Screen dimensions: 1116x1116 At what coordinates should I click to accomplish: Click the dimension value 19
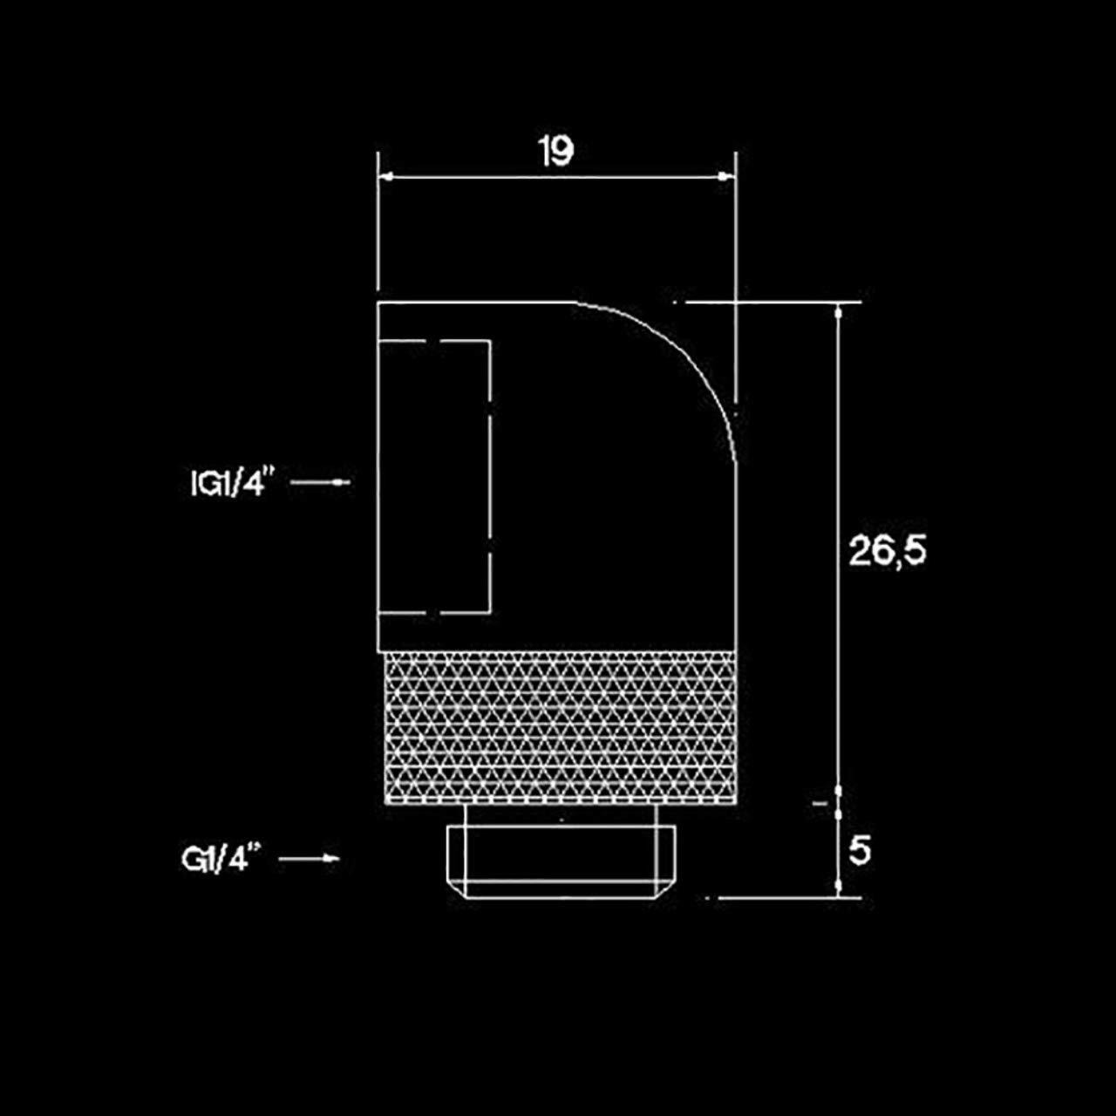[x=556, y=152]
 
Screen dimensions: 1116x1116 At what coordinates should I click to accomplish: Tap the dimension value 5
[x=860, y=851]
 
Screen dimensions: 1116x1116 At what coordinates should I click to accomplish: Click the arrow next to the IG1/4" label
[x=320, y=482]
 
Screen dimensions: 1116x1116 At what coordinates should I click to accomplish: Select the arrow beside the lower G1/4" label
[x=310, y=858]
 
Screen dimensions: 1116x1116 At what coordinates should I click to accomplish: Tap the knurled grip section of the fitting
[x=561, y=728]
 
